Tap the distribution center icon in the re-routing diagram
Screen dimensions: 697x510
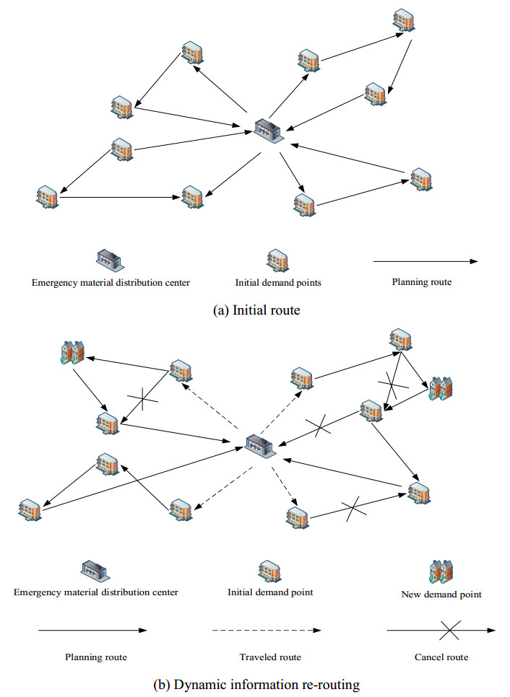pyautogui.click(x=260, y=445)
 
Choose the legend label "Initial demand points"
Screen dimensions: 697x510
pyautogui.click(x=278, y=282)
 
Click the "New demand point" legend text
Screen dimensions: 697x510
pyautogui.click(x=441, y=595)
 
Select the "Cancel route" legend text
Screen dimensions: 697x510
pyautogui.click(x=441, y=657)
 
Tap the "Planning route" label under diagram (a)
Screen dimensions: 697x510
pyautogui.click(x=422, y=281)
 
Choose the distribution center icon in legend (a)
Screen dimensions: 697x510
pyautogui.click(x=109, y=260)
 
